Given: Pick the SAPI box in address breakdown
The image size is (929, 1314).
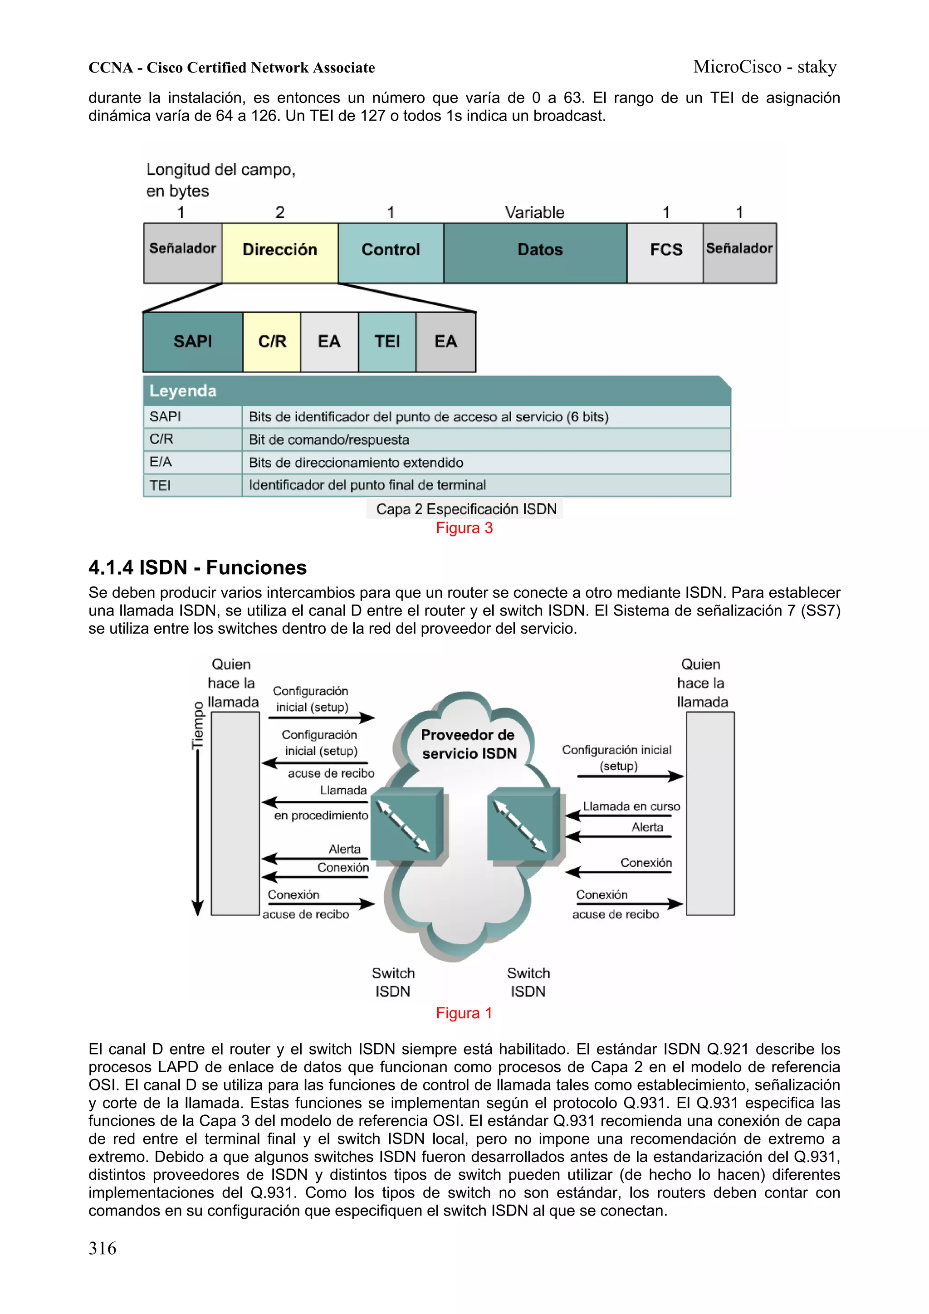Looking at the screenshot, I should click(x=193, y=342).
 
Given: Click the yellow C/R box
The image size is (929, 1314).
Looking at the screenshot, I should click(x=272, y=342).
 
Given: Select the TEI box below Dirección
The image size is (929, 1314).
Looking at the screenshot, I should click(x=387, y=342).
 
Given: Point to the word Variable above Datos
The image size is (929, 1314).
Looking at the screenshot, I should click(x=534, y=212).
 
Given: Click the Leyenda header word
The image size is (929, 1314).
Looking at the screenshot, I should click(x=183, y=391).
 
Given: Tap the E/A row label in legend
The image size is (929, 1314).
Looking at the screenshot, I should click(x=161, y=462).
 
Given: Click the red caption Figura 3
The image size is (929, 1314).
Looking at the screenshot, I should click(x=464, y=528).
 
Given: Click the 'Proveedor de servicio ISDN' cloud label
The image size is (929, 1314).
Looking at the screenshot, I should click(x=468, y=744).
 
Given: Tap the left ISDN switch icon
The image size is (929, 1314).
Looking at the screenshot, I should click(x=407, y=824).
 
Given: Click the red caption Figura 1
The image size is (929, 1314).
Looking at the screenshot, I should click(x=464, y=1013).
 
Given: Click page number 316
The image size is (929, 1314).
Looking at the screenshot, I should click(x=103, y=1248).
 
